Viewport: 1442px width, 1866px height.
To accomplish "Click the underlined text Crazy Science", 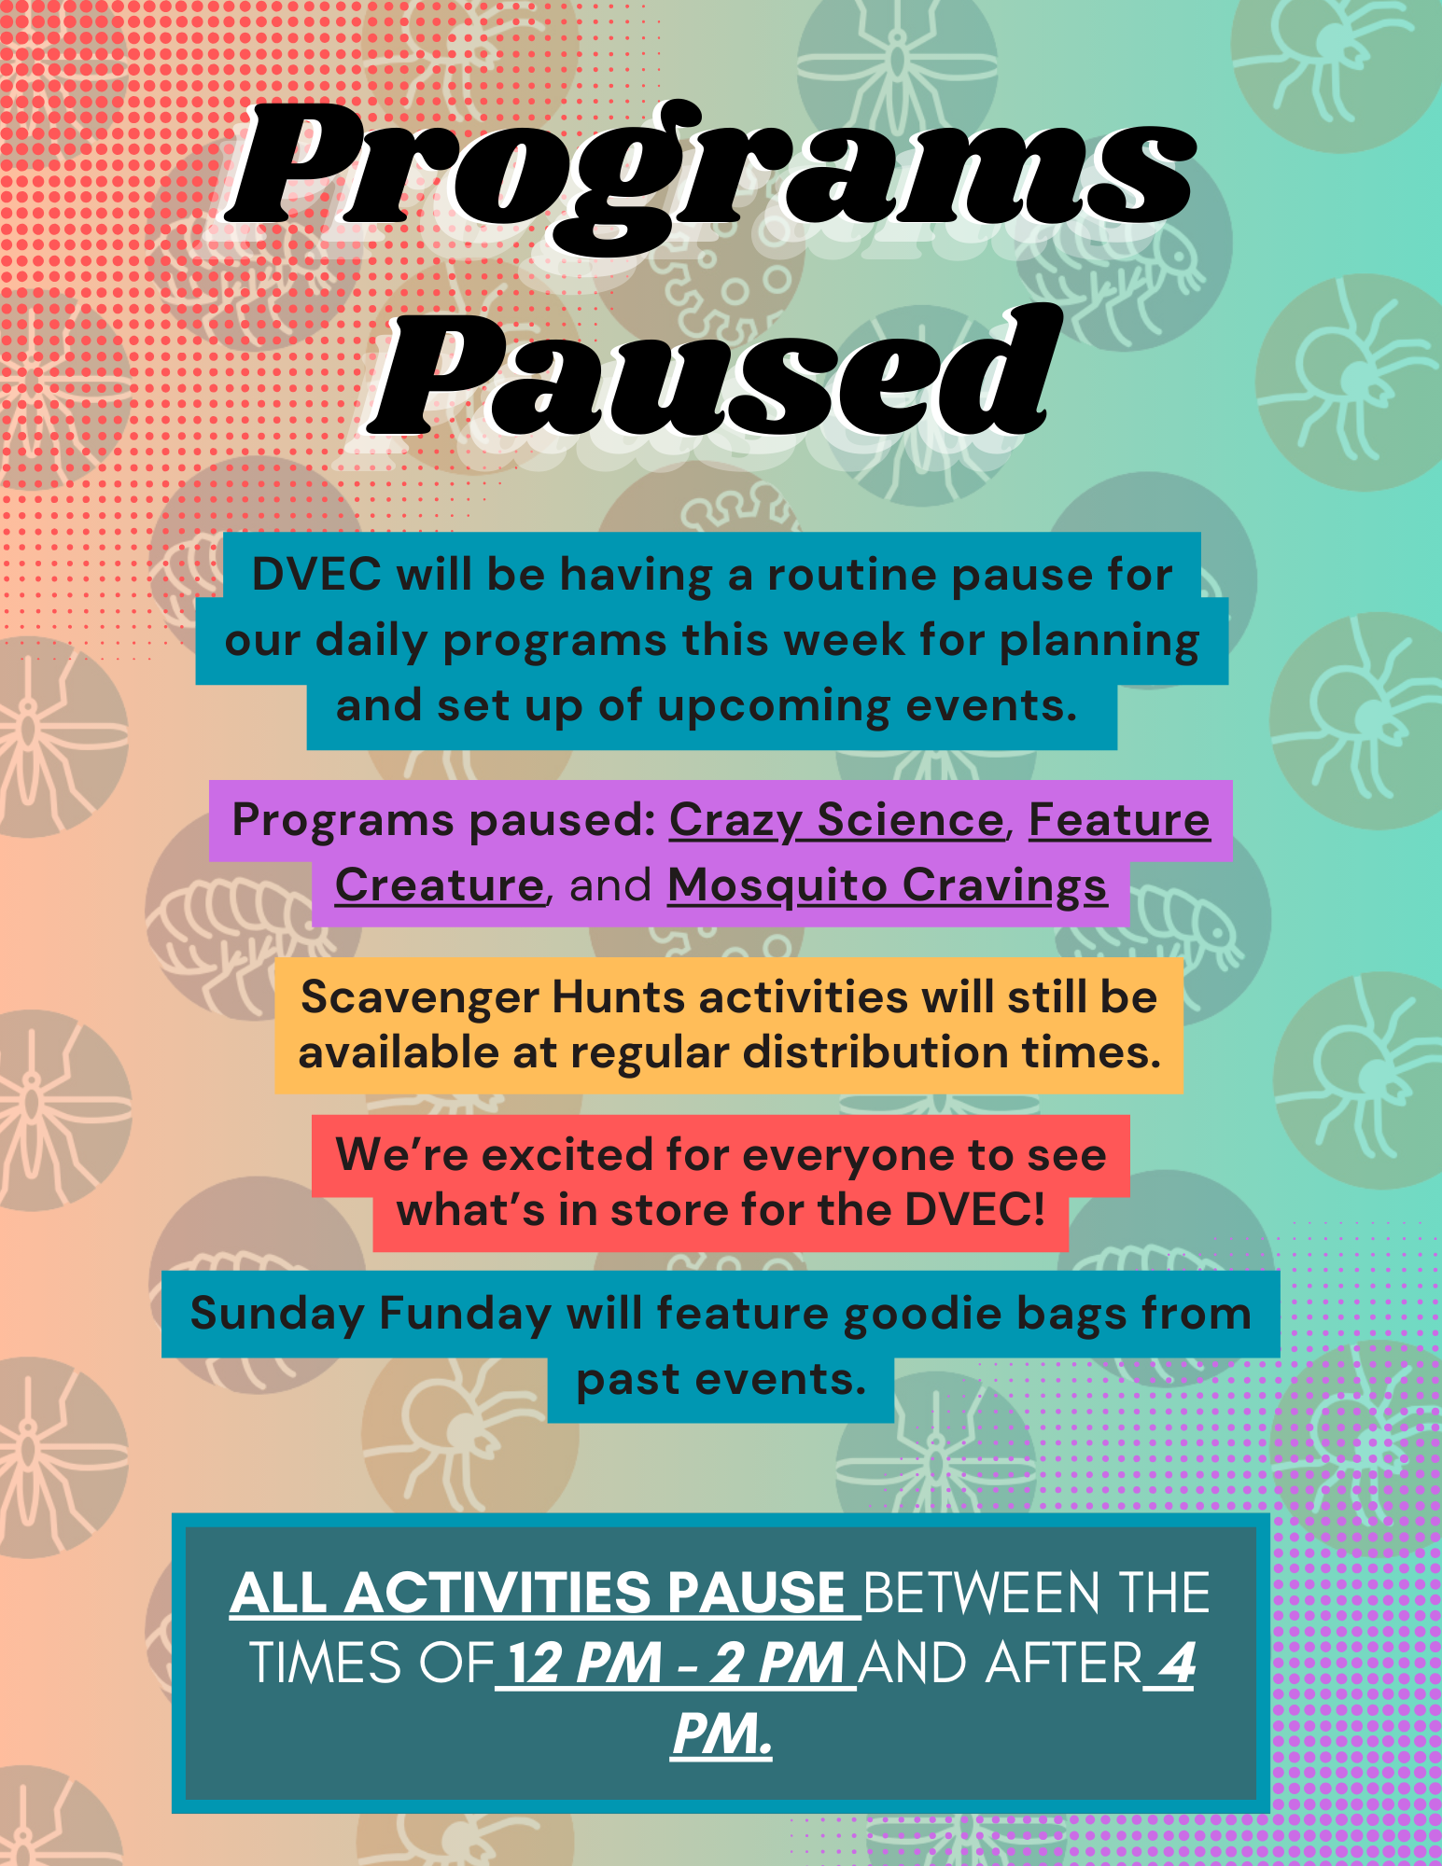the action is click(x=836, y=822).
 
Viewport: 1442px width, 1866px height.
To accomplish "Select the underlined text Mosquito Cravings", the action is click(x=887, y=887).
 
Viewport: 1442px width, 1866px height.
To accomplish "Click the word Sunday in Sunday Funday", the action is click(x=277, y=1316).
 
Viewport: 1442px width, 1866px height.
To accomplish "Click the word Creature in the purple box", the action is click(x=439, y=885).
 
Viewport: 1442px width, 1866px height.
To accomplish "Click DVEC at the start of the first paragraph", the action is click(x=316, y=575).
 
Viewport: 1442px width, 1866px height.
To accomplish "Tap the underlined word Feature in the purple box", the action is click(x=1119, y=821).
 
